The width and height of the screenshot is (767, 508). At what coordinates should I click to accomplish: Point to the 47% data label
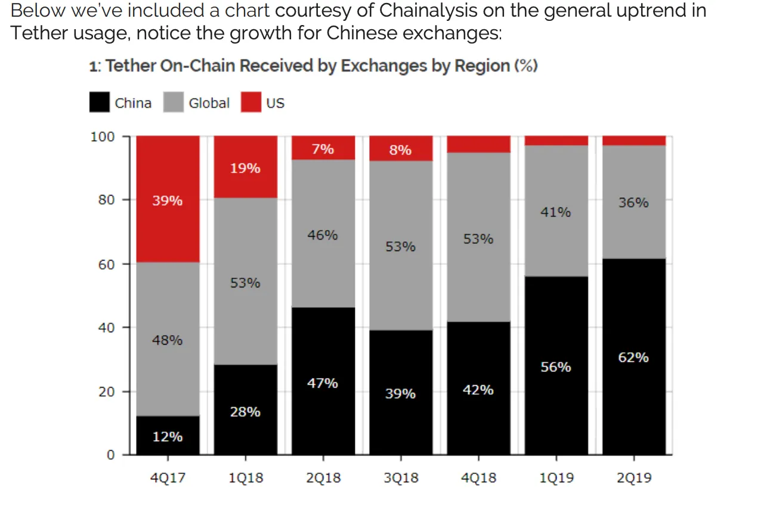tap(323, 383)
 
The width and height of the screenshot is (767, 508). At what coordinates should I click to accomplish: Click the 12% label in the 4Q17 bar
tap(168, 437)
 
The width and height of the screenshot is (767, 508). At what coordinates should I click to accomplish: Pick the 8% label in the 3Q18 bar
tap(400, 150)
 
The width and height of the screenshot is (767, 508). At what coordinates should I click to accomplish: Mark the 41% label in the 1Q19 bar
tap(556, 212)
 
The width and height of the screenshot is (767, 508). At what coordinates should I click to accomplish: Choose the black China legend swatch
tap(100, 103)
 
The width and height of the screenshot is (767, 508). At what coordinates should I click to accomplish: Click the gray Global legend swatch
tap(173, 103)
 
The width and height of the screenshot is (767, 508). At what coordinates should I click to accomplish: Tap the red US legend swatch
tap(251, 103)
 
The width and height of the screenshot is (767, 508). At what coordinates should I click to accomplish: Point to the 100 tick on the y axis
tap(102, 137)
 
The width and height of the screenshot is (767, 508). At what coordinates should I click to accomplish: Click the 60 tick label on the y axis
tap(106, 264)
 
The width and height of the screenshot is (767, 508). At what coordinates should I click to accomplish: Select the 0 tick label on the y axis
tap(110, 456)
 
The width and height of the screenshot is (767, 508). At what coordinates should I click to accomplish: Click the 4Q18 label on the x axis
tap(478, 478)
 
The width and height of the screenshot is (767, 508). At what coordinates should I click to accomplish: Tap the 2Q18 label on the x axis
tap(323, 478)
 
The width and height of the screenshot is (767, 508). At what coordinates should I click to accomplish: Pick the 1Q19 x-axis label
tap(556, 478)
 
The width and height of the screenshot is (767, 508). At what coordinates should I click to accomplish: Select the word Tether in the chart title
tap(130, 66)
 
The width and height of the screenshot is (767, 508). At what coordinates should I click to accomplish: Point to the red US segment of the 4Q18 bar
tap(478, 144)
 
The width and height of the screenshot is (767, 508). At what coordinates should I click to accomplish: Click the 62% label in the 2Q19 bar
tap(633, 358)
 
